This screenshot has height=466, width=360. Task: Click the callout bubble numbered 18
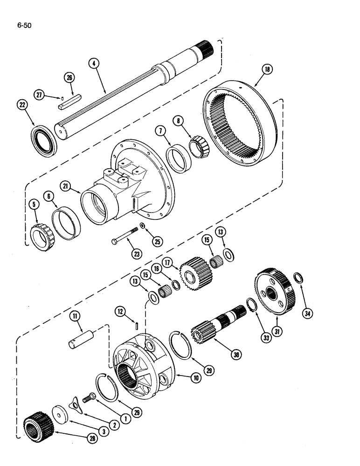pyautogui.click(x=267, y=69)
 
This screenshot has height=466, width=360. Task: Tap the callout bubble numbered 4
pyautogui.click(x=96, y=63)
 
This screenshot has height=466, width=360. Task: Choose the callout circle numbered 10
pyautogui.click(x=195, y=378)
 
